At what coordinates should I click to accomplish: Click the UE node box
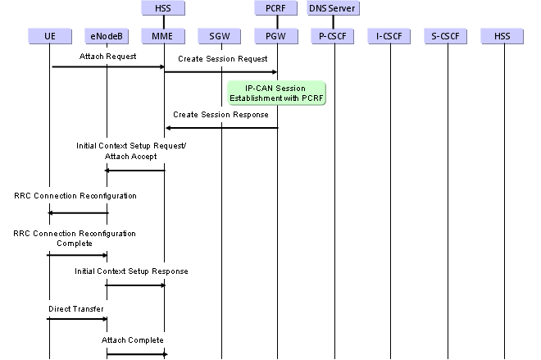click(49, 35)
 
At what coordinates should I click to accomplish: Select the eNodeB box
click(106, 35)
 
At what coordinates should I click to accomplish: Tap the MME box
click(164, 35)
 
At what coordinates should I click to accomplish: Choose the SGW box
click(220, 35)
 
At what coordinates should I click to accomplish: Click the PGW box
click(277, 35)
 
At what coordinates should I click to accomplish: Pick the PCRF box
click(277, 9)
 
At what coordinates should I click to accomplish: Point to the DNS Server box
click(334, 9)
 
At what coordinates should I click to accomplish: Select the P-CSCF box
click(334, 35)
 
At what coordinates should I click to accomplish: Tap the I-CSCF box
click(390, 35)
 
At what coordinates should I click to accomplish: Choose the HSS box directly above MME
click(164, 9)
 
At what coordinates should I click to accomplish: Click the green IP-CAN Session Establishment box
click(278, 93)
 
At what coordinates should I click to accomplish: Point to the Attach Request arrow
click(107, 66)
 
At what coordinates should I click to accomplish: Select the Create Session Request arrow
click(220, 72)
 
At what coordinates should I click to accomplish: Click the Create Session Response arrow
click(220, 127)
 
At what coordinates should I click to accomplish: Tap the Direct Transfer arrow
click(77, 320)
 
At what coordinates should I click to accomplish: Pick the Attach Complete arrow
click(135, 354)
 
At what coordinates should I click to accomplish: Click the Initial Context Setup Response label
click(132, 271)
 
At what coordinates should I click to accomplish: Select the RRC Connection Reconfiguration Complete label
click(75, 239)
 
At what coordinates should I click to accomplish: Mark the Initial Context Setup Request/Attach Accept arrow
click(135, 171)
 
